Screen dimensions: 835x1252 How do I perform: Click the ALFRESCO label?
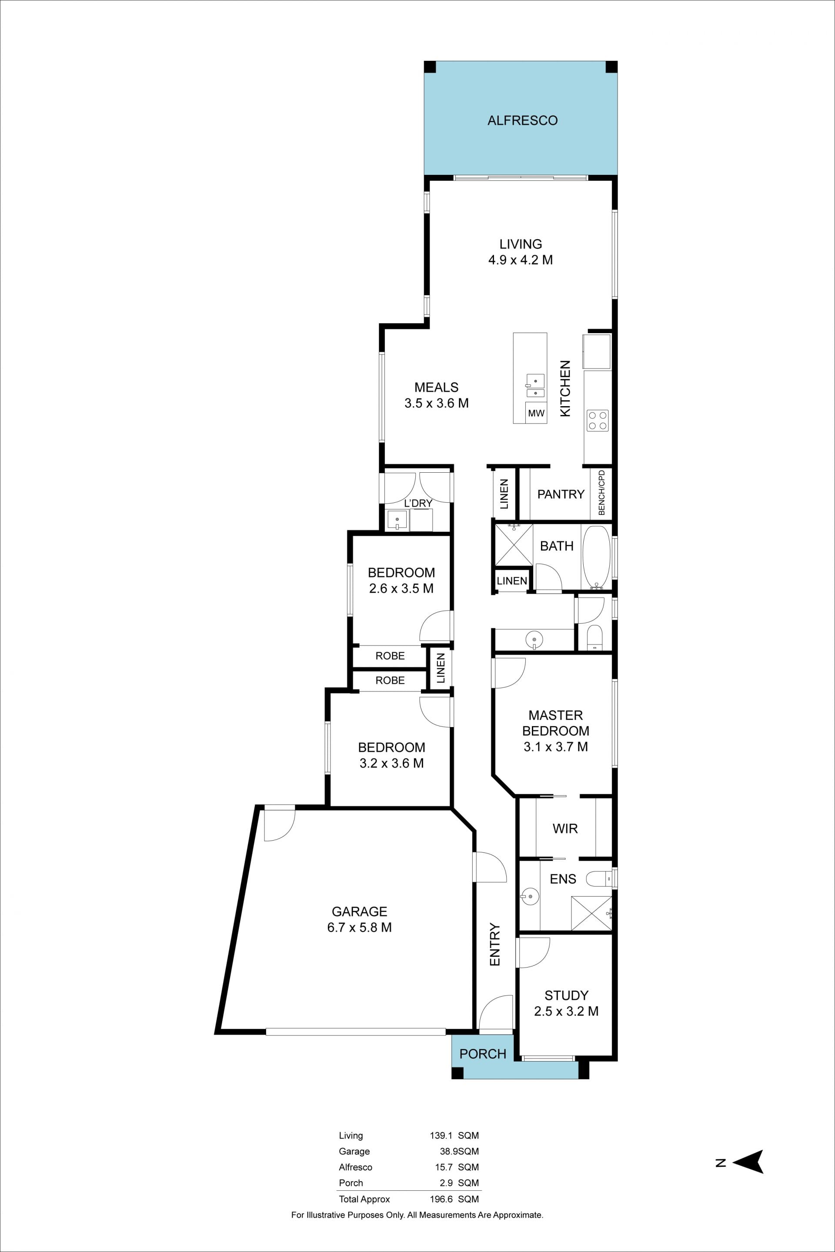522,120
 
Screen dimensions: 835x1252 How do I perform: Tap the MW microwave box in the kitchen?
536,413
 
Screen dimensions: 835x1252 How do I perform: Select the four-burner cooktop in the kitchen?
598,420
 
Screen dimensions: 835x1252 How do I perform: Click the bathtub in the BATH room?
596,557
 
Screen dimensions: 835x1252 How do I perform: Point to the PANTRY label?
561,494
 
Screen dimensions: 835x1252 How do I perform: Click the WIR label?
565,828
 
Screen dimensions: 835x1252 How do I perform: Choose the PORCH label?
483,1053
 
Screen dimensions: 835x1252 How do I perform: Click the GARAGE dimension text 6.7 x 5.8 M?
360,927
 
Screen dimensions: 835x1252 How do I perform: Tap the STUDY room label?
566,995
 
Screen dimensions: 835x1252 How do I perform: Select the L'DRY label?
418,503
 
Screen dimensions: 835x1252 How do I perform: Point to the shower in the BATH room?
514,544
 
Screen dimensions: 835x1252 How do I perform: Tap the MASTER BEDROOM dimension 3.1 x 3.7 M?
555,747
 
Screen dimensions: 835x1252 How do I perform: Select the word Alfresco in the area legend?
356,1167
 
